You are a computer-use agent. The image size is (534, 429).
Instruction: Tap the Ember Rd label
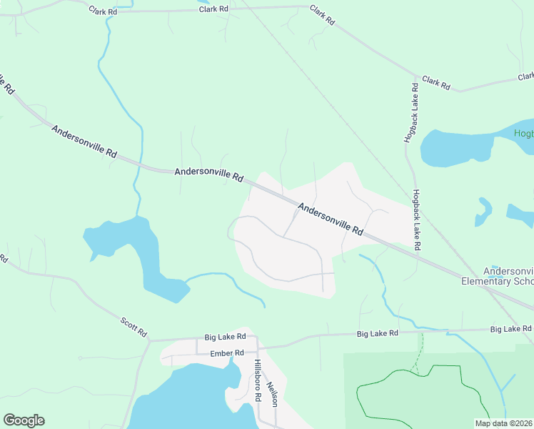pos(228,353)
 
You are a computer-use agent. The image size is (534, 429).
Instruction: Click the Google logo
pos(24,420)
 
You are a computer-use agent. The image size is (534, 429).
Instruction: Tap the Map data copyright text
pos(504,423)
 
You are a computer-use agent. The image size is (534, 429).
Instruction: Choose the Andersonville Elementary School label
pos(508,277)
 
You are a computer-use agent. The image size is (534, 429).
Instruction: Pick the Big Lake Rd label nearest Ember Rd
pos(225,336)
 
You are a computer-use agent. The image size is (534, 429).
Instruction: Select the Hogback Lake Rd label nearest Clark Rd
pos(410,112)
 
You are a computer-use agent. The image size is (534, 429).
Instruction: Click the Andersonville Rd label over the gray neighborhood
pos(331,220)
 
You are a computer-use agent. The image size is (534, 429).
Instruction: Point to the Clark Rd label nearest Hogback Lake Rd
pos(435,82)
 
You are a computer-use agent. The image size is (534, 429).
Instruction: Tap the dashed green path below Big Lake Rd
pos(420,350)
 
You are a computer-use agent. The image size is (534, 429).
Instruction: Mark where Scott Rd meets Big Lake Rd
pos(150,341)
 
